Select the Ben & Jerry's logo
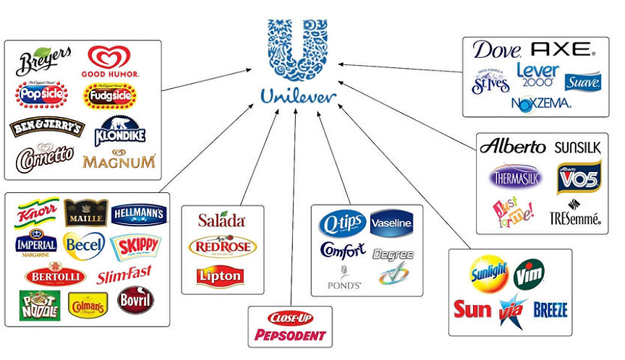click(x=47, y=127)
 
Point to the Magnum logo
click(x=119, y=160)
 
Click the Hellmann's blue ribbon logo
click(x=139, y=213)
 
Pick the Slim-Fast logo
click(x=124, y=275)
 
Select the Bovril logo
click(x=135, y=300)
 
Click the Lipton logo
click(x=219, y=275)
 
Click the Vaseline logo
click(x=391, y=223)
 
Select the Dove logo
click(x=497, y=50)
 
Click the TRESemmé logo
click(x=575, y=216)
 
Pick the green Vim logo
click(x=529, y=273)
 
